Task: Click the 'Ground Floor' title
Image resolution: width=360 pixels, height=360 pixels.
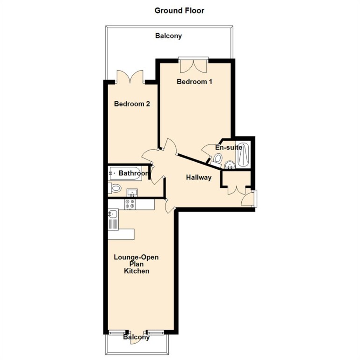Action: click(x=180, y=10)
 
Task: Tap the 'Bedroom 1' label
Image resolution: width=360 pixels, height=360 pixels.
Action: click(x=194, y=82)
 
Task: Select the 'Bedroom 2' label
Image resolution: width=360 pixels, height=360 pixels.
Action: click(x=132, y=104)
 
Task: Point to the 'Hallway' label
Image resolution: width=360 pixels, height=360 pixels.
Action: click(x=199, y=177)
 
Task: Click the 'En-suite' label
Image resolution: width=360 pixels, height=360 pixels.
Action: click(x=228, y=147)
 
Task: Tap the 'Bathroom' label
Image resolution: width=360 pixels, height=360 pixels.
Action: click(x=134, y=173)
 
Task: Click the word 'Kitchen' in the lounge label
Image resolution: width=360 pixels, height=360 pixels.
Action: click(x=137, y=271)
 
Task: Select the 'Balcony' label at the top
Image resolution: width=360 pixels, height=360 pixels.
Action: click(x=168, y=36)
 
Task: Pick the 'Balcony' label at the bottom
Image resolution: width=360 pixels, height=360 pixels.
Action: click(x=137, y=337)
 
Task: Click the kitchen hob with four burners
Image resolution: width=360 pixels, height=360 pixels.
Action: click(x=130, y=204)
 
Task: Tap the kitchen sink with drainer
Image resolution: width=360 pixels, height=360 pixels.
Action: click(x=114, y=219)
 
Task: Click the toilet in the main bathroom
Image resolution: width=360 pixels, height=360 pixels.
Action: click(x=115, y=188)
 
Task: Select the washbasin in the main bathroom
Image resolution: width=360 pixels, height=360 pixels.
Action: click(x=131, y=192)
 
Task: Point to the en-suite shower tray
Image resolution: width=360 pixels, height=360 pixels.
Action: click(x=243, y=154)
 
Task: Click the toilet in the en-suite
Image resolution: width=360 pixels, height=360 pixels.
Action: click(x=217, y=159)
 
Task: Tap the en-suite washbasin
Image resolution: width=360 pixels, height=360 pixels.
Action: click(x=229, y=165)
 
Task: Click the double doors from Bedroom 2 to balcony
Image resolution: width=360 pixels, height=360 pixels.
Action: click(x=130, y=78)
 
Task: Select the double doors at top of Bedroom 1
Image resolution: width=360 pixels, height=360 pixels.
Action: click(x=193, y=64)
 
